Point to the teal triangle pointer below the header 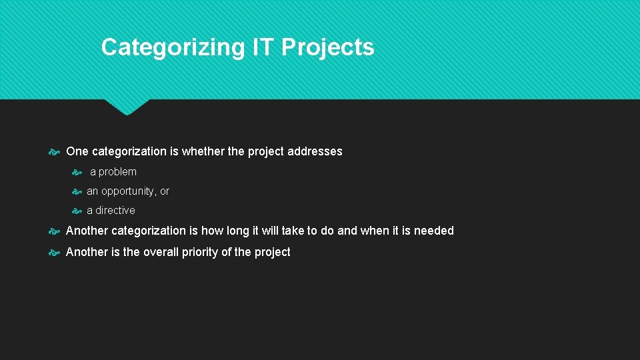click(x=127, y=107)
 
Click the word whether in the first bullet click(x=203, y=151)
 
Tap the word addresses click(x=315, y=151)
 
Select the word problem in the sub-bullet click(x=117, y=172)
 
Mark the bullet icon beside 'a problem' click(x=77, y=172)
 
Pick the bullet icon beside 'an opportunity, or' click(x=77, y=191)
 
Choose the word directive click(x=115, y=211)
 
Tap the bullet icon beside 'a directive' click(x=77, y=211)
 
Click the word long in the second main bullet click(x=237, y=231)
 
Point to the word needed click(x=434, y=231)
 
